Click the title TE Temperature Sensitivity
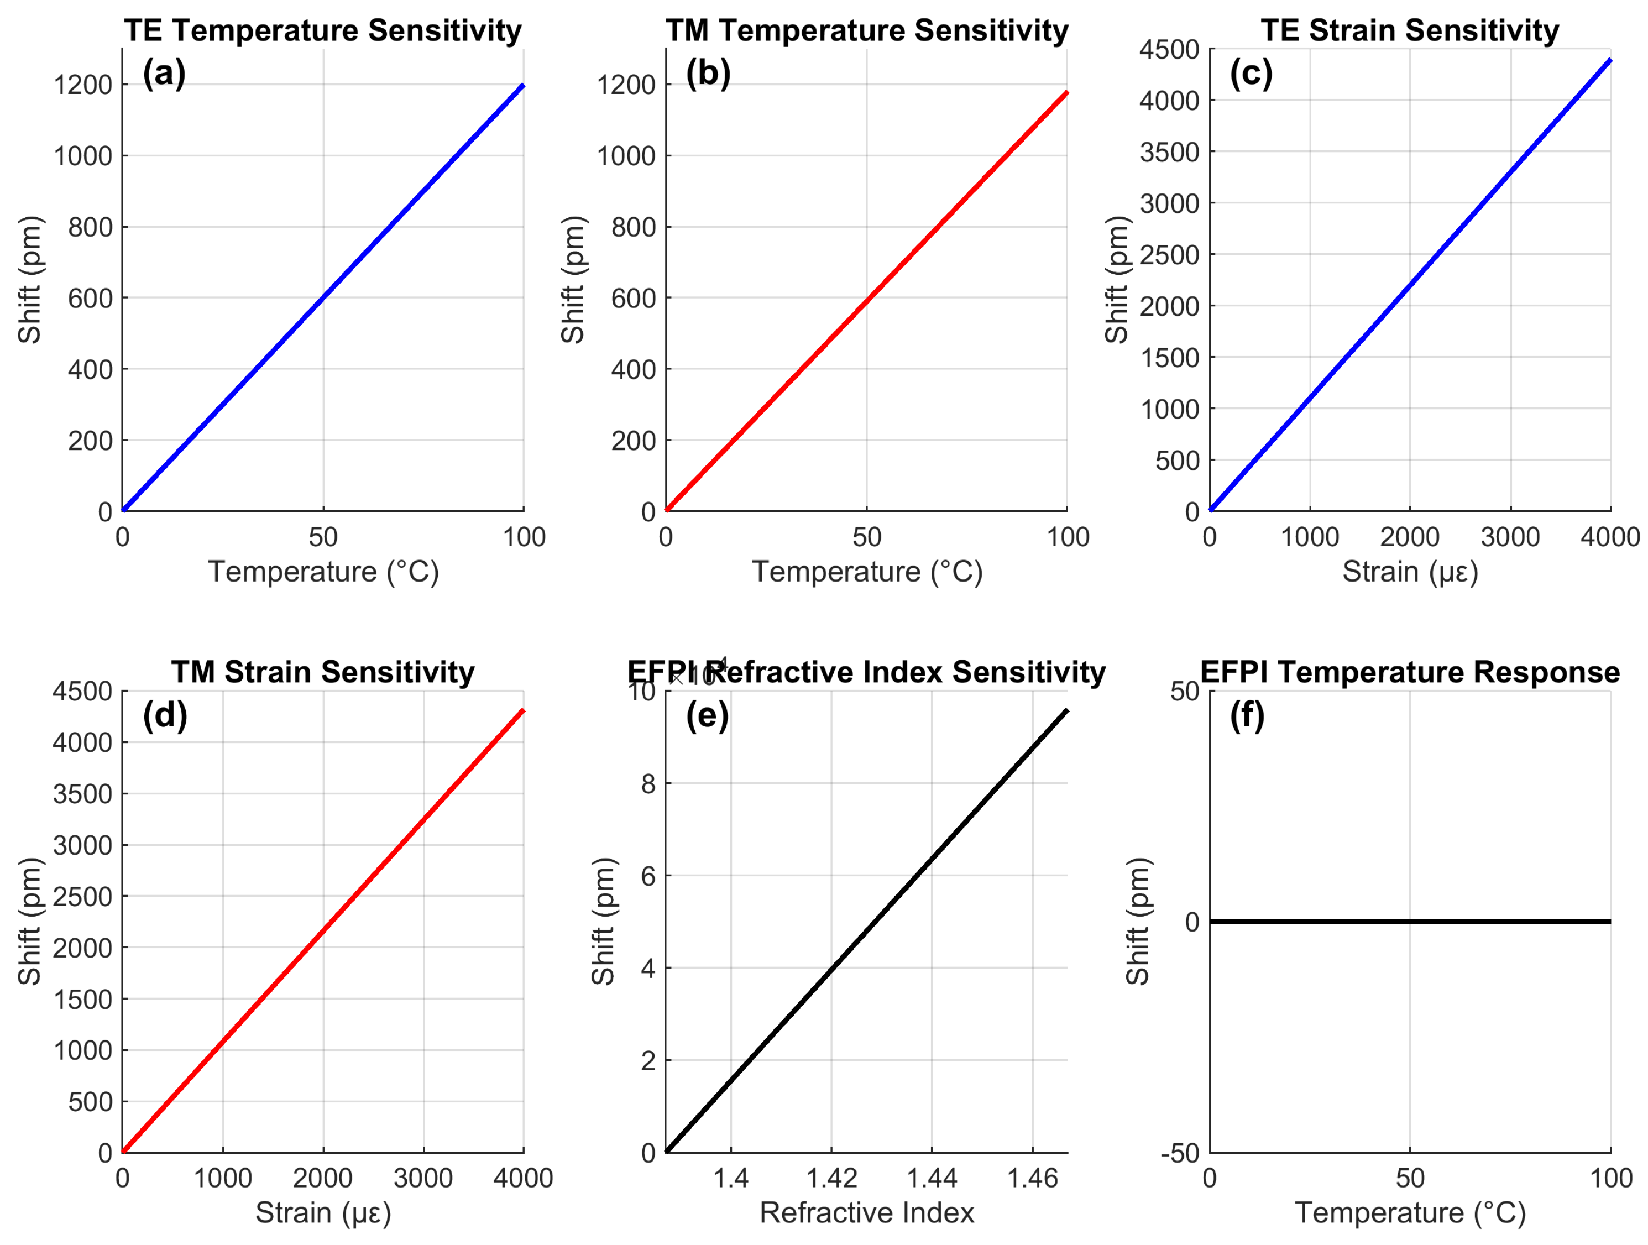[323, 30]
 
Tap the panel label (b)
[708, 74]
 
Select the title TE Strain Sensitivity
[1410, 30]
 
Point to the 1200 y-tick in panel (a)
[83, 85]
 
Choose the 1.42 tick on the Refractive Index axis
[831, 1179]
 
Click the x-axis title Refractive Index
[866, 1213]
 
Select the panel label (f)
[1247, 715]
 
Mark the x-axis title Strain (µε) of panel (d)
[323, 1213]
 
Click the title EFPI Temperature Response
[1410, 672]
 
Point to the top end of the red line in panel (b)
[1067, 92]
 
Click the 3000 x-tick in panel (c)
[1510, 537]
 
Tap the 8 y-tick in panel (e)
[647, 784]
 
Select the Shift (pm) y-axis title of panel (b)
[572, 280]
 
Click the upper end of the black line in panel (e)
[1067, 711]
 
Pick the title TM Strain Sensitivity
[323, 672]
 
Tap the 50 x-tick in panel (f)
[1410, 1179]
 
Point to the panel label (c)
[1251, 74]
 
